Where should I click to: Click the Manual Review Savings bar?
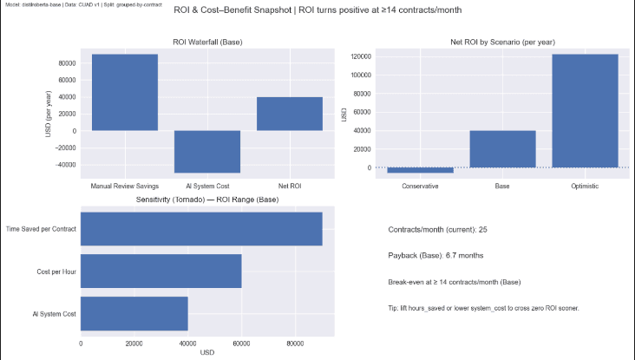(125, 93)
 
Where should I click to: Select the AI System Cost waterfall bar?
(207, 152)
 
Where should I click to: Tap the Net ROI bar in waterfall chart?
(289, 114)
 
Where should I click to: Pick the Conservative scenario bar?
(420, 170)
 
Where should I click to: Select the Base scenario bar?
(502, 148)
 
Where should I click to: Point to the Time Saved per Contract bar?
(201, 228)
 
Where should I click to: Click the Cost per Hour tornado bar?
(161, 272)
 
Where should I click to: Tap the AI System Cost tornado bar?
(134, 313)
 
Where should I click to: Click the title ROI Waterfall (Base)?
(206, 42)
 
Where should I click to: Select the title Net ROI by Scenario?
(502, 42)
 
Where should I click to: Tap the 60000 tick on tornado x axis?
(241, 344)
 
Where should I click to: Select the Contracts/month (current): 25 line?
(437, 230)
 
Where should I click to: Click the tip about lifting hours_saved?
(483, 308)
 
